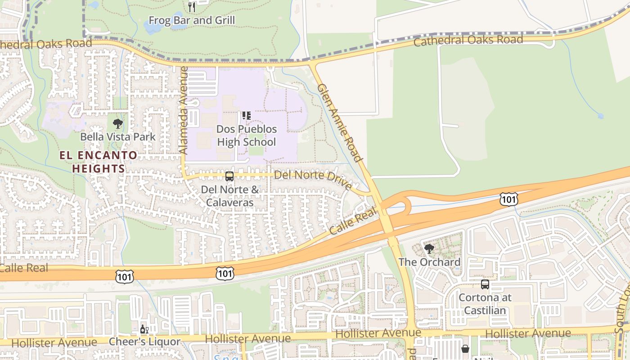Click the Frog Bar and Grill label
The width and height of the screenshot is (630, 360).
click(192, 20)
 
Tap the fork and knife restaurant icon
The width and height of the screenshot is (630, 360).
click(192, 7)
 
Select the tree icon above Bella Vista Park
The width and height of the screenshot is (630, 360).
click(117, 123)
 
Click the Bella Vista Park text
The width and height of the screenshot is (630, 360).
click(117, 137)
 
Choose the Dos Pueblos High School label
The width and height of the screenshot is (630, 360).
click(246, 135)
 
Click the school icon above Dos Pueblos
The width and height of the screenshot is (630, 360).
click(246, 116)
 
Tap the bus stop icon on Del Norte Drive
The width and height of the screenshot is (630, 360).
click(229, 176)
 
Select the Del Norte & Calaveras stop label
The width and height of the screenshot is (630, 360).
click(229, 196)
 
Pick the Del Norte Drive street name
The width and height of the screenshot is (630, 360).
click(313, 179)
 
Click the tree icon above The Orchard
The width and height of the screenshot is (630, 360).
click(429, 248)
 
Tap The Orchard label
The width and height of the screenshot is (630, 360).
click(429, 262)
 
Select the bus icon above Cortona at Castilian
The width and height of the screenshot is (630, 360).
click(485, 284)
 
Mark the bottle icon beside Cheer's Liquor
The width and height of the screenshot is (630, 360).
click(144, 329)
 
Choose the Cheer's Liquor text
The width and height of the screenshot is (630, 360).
click(144, 342)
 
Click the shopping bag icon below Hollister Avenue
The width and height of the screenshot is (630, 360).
click(465, 349)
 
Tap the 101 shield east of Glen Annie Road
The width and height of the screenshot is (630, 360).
click(508, 199)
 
